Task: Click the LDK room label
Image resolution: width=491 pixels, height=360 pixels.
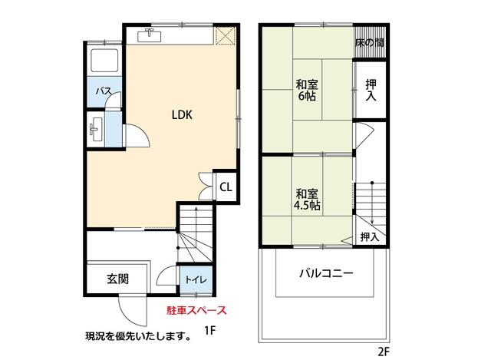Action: [181, 115]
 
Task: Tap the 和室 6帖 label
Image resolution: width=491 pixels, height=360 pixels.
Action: [307, 90]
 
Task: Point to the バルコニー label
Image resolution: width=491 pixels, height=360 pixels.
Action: [325, 273]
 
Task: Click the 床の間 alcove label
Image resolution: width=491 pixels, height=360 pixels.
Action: [369, 44]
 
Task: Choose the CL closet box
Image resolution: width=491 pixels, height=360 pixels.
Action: [226, 187]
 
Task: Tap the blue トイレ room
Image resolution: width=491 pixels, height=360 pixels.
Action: [193, 279]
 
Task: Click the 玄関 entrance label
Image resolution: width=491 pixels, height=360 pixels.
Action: [117, 278]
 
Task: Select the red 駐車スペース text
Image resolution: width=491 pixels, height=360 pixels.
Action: [196, 311]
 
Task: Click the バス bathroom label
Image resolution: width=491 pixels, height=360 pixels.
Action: [104, 91]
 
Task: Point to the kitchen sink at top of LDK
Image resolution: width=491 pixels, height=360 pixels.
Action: [149, 35]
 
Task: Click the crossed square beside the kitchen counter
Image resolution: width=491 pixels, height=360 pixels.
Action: [225, 35]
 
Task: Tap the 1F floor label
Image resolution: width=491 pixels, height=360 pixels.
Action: [209, 331]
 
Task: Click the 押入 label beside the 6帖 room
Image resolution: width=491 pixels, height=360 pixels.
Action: [371, 90]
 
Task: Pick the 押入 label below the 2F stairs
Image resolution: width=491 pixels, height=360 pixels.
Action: [369, 236]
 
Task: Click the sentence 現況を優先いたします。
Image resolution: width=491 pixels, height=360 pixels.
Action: [138, 335]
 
